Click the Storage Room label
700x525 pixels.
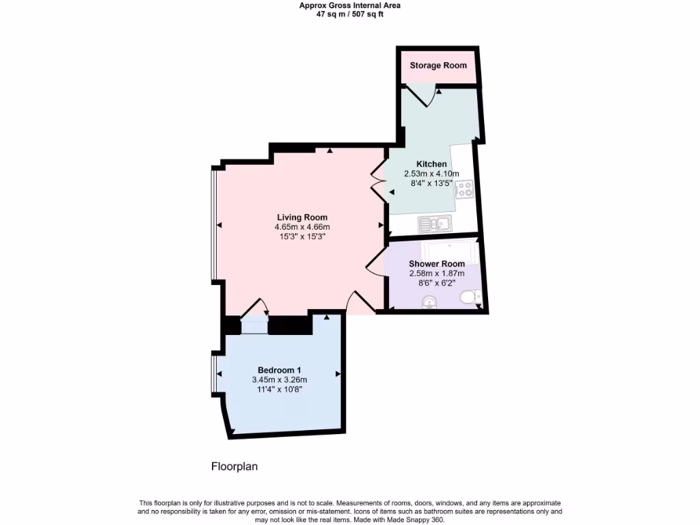[438, 66]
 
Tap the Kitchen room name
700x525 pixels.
[431, 164]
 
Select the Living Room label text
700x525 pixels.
[301, 217]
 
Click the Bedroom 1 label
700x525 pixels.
[279, 370]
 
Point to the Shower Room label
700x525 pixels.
[437, 264]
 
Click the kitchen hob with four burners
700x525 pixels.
[465, 189]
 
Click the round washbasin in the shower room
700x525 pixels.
[429, 301]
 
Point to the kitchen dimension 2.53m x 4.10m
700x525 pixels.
[431, 174]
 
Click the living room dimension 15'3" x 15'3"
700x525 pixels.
[301, 237]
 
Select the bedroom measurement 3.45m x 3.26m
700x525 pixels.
[279, 380]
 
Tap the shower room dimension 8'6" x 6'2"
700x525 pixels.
[437, 283]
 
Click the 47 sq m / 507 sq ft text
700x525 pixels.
[349, 14]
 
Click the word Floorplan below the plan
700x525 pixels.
[234, 468]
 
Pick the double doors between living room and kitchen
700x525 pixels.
[378, 183]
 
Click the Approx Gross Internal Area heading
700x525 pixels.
[349, 5]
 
